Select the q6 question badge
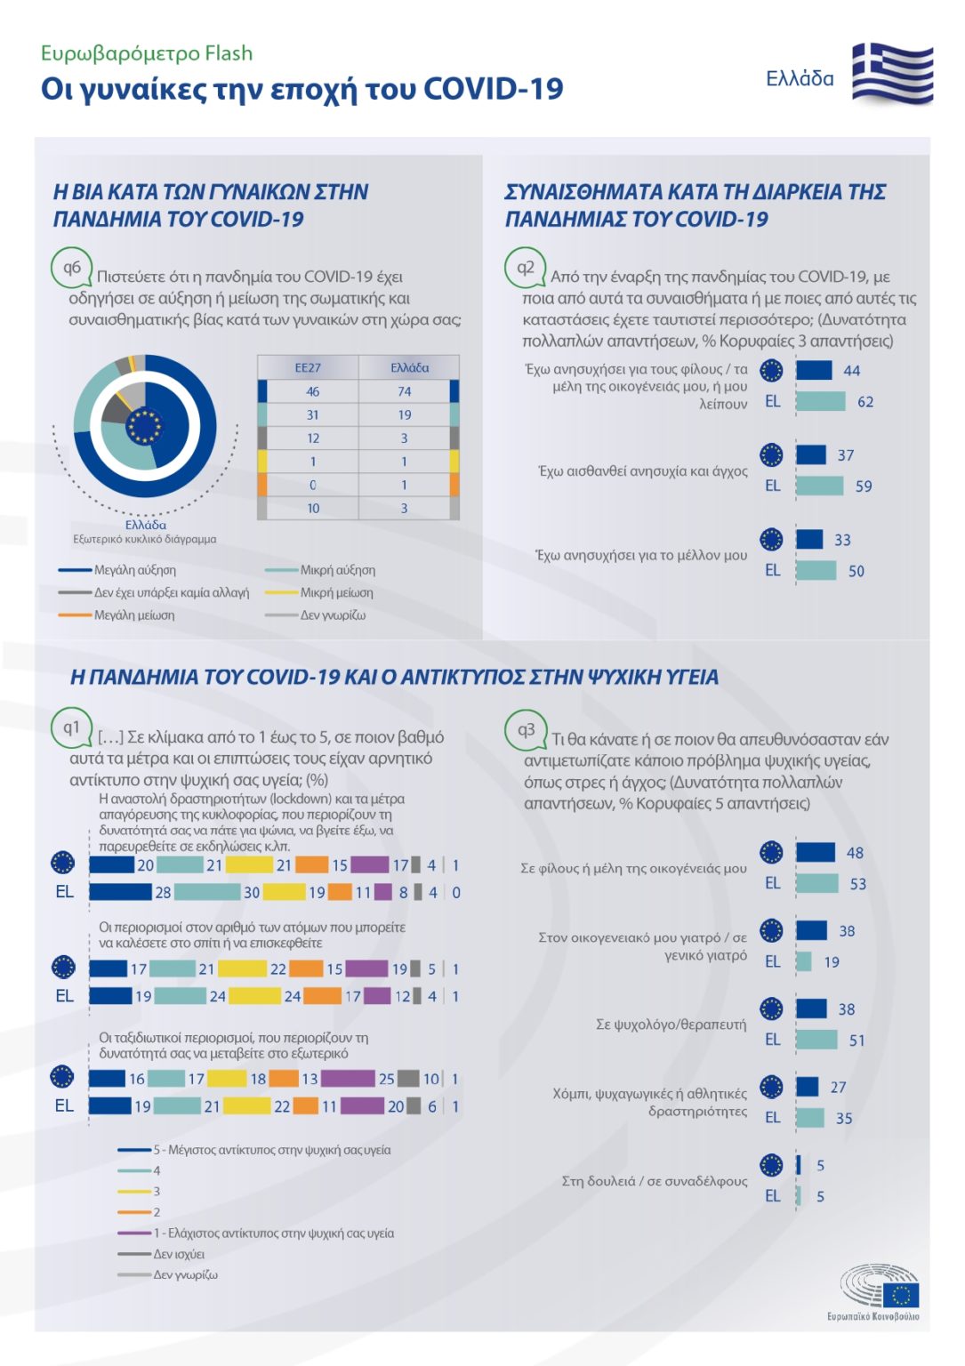click(71, 268)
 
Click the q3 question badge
click(526, 729)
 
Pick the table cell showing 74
click(405, 391)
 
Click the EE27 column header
click(308, 367)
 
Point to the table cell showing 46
click(312, 391)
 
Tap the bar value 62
click(865, 402)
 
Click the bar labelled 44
click(814, 370)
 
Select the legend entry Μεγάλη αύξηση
click(134, 570)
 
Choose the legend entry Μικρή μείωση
click(336, 592)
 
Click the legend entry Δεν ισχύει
click(179, 1254)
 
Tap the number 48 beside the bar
click(855, 853)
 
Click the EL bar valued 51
click(816, 1040)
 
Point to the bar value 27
click(838, 1087)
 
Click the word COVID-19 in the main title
click(493, 89)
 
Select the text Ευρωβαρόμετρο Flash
click(147, 53)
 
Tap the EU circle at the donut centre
click(145, 426)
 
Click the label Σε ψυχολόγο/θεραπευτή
click(671, 1024)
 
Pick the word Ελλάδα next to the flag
click(800, 78)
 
